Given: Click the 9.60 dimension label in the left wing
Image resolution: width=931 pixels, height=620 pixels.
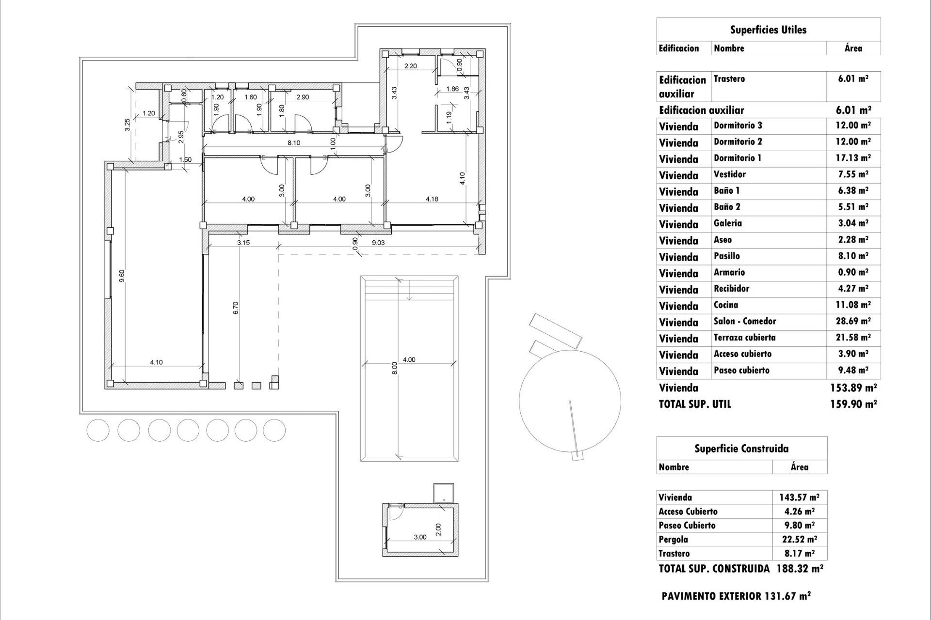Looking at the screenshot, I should click(122, 276).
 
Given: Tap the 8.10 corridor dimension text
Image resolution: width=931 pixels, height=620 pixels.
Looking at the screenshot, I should click(294, 143).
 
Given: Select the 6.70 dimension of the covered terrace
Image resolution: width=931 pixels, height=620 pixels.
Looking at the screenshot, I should click(236, 308).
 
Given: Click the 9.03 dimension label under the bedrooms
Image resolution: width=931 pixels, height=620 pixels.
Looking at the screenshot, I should click(378, 243).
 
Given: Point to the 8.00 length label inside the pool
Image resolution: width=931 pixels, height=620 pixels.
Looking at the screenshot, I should click(394, 368).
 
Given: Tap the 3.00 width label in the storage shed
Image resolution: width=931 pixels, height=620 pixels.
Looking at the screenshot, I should click(420, 537).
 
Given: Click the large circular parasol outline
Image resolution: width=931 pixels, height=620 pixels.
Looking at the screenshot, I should click(570, 400).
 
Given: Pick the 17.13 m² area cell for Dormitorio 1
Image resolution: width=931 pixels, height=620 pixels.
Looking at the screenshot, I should click(853, 158).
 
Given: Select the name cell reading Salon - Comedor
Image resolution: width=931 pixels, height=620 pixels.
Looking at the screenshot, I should click(745, 321).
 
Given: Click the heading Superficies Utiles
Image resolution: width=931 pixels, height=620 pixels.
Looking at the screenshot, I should click(768, 30).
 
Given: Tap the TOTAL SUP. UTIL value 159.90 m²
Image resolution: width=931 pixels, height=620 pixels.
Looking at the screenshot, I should click(853, 404).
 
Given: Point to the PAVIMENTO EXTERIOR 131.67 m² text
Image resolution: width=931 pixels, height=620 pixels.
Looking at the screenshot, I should click(736, 596).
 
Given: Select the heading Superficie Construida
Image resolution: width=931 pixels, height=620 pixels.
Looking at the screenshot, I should click(741, 449).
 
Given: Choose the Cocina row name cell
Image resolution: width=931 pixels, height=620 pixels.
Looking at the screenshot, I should click(726, 305).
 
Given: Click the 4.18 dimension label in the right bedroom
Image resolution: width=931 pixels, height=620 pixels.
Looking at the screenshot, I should click(432, 199).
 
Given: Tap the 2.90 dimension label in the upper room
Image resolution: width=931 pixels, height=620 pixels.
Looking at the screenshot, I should click(303, 97).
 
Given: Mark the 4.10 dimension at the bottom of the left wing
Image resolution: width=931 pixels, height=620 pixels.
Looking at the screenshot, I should click(156, 362).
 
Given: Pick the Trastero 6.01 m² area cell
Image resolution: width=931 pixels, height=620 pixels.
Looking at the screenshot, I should click(853, 79).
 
